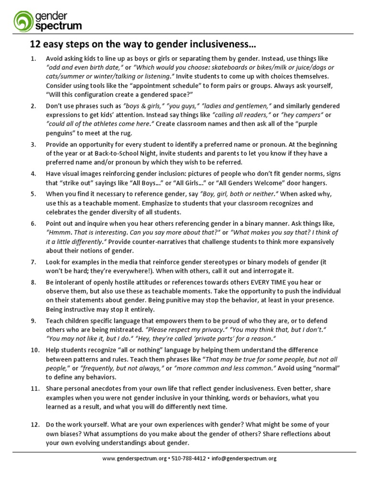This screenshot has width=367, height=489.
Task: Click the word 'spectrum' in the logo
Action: tap(58, 25)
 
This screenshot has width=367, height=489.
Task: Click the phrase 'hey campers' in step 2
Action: tap(299, 115)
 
